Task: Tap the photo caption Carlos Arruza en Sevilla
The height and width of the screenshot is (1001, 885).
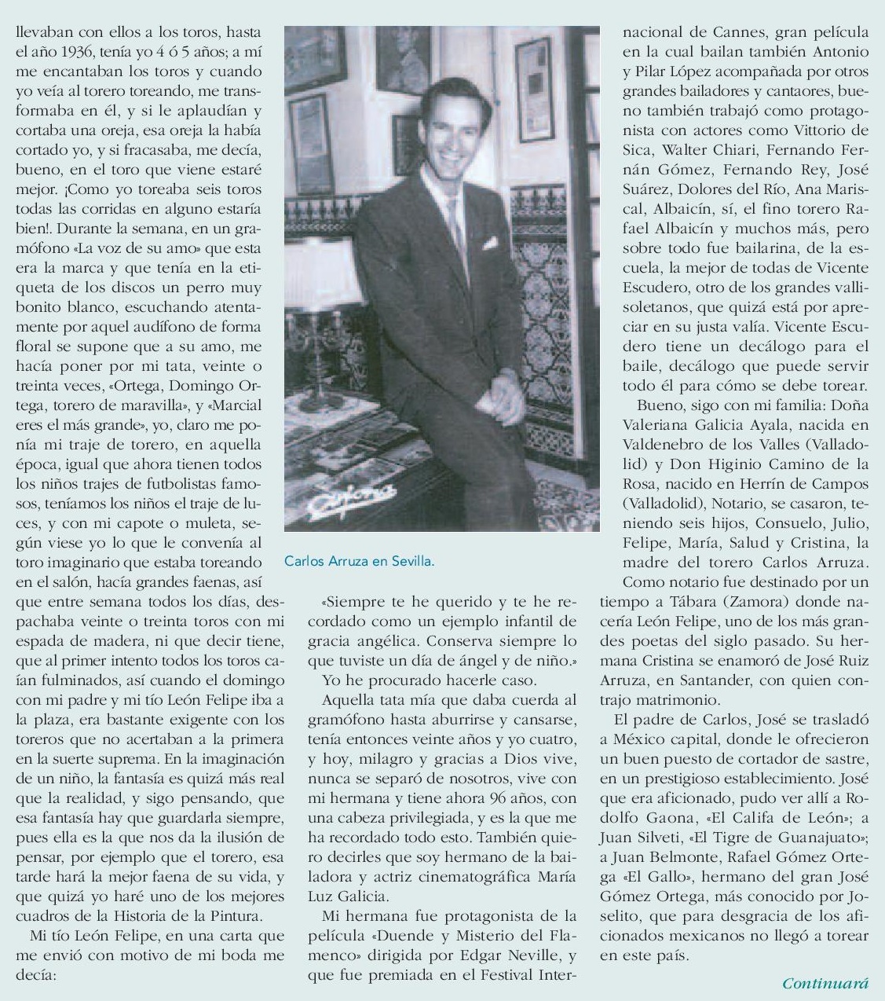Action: [360, 561]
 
